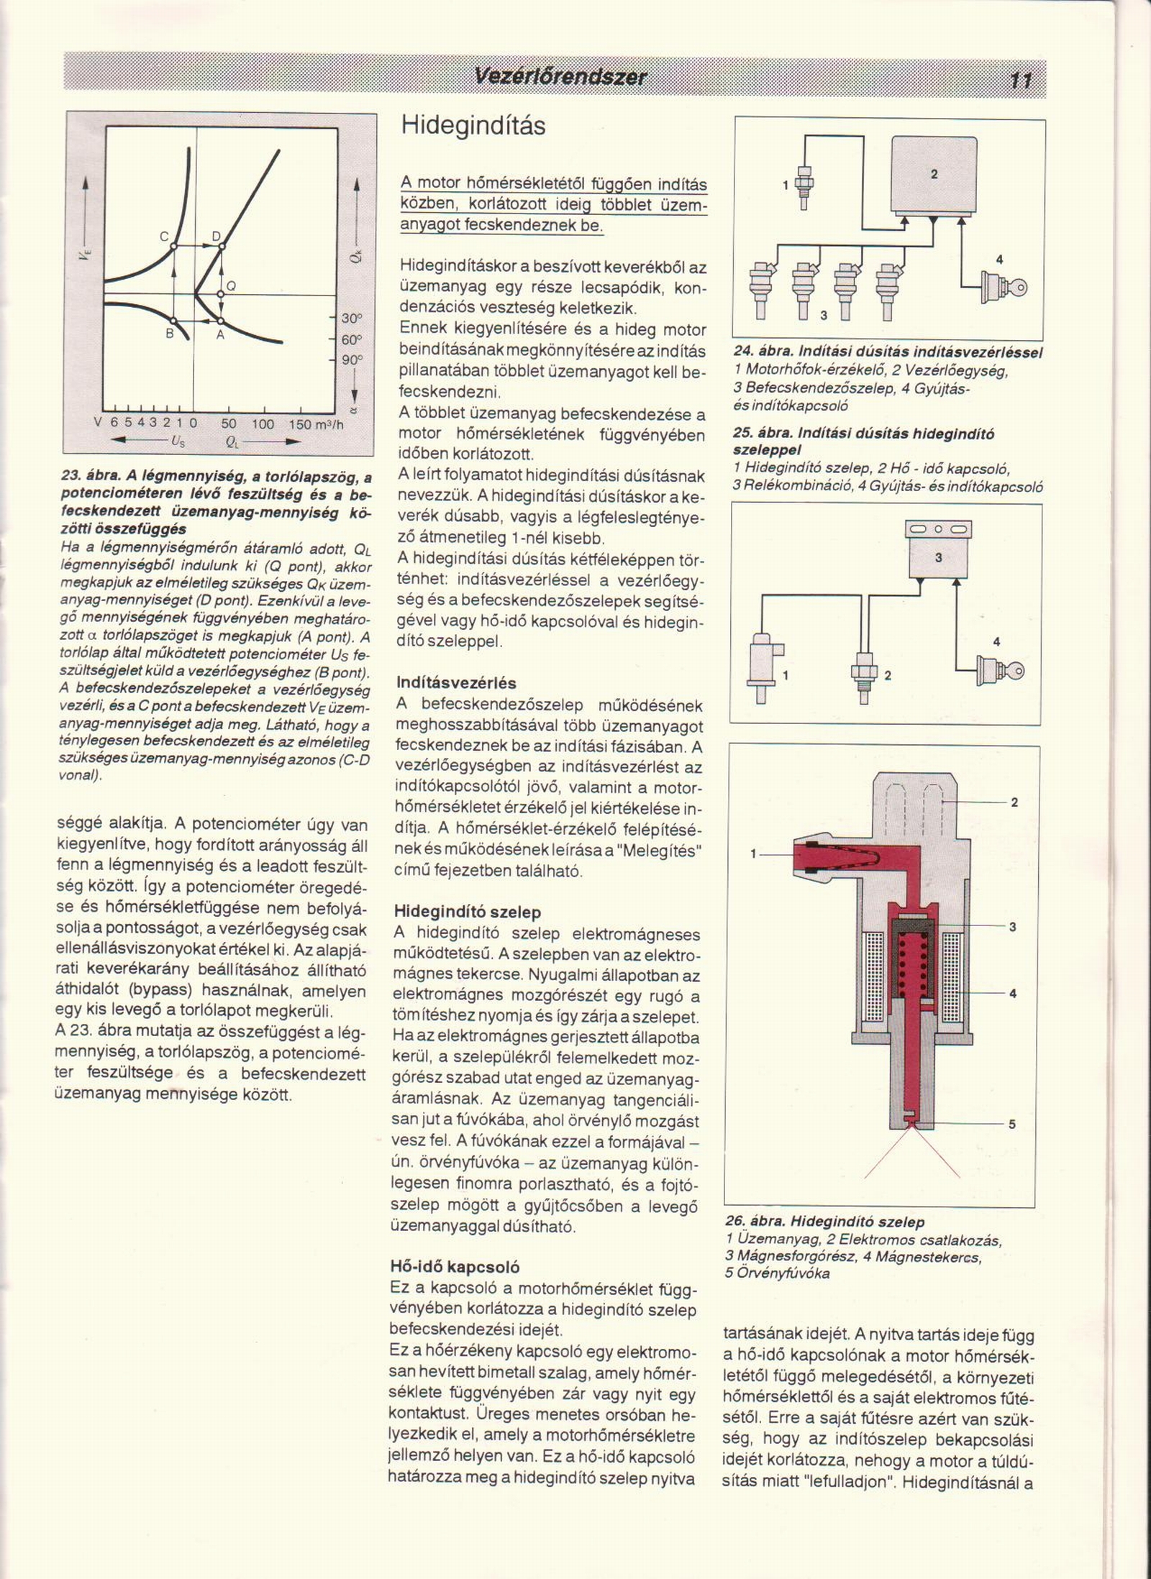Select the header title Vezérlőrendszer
[560, 77]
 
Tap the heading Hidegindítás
[473, 127]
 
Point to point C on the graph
[173, 246]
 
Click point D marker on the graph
[222, 246]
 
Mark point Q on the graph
[222, 294]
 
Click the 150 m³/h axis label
[315, 424]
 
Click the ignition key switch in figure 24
[1004, 287]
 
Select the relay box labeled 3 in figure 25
[938, 557]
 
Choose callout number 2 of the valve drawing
[1014, 802]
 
